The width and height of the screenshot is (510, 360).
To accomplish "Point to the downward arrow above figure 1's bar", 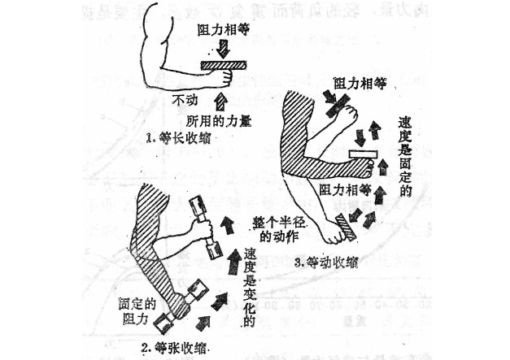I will [224, 47].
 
